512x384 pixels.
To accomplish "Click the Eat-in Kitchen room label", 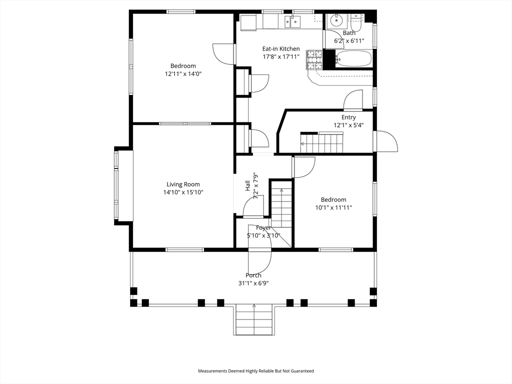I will click(x=281, y=49).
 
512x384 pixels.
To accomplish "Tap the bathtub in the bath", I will click(x=353, y=58).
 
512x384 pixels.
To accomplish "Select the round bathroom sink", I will click(x=335, y=21).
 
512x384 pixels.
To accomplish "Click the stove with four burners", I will click(x=314, y=59).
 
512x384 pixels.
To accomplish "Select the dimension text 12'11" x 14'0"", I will click(x=183, y=73).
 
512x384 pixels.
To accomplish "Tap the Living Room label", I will click(x=183, y=184).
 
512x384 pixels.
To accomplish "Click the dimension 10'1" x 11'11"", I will click(x=333, y=207).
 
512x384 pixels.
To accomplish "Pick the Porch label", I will click(x=253, y=275).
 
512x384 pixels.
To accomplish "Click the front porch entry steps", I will click(x=254, y=320).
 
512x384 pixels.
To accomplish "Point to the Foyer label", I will click(x=263, y=228).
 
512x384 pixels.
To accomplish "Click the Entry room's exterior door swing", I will click(x=387, y=141).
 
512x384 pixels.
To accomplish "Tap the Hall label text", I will click(x=247, y=185).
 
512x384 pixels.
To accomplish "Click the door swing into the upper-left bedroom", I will click(x=222, y=54).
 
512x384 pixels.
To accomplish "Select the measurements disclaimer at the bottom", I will click(x=256, y=371).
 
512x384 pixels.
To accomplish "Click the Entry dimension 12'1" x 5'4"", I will click(x=348, y=125).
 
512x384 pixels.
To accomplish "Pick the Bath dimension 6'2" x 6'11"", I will click(x=349, y=40).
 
